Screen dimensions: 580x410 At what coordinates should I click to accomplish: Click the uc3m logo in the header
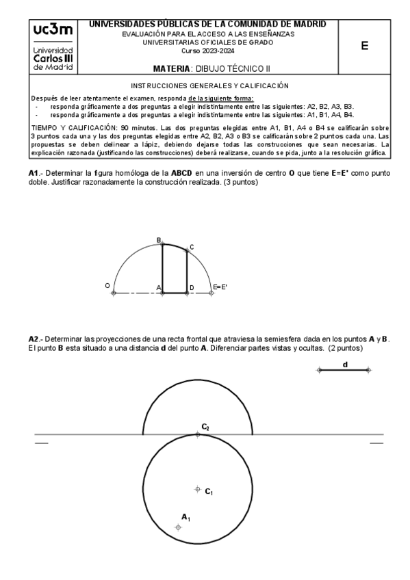point(53,34)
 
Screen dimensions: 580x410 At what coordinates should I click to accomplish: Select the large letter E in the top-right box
point(364,46)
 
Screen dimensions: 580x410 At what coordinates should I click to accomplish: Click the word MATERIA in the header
point(173,69)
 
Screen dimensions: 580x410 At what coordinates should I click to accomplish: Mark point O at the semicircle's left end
point(114,293)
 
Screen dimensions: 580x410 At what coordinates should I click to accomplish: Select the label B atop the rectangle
point(159,240)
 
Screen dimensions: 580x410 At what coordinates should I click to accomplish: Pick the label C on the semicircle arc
point(192,247)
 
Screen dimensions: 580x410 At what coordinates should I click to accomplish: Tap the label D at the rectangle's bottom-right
point(192,287)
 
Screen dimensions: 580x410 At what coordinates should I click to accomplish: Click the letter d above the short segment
point(345,365)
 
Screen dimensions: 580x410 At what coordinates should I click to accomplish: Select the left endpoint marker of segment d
point(319,370)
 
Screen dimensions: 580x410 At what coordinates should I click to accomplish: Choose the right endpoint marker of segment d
point(369,370)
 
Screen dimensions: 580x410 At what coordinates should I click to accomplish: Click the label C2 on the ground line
point(205,427)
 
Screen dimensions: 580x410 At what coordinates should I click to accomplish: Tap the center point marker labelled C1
point(198,489)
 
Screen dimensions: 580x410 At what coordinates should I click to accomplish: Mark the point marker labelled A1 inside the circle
point(179,527)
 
